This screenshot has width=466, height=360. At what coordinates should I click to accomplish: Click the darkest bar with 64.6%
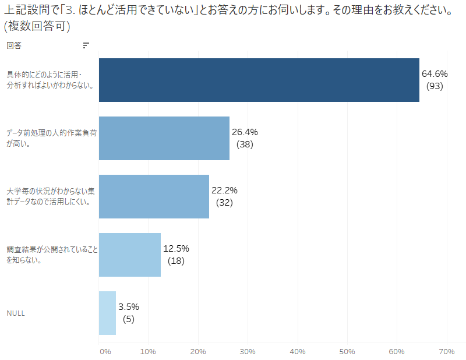[x=259, y=80]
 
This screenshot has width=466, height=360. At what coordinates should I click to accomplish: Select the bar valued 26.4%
[x=164, y=138]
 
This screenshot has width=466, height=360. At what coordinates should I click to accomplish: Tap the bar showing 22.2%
[x=154, y=196]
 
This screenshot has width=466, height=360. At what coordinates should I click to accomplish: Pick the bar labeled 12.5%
[x=129, y=255]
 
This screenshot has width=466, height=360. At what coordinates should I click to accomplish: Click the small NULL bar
[x=107, y=313]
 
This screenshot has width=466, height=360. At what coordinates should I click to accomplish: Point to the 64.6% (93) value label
[x=435, y=80]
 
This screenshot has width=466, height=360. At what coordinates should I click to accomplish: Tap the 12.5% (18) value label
[x=176, y=255]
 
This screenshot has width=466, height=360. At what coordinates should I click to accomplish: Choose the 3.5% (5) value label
[x=129, y=313]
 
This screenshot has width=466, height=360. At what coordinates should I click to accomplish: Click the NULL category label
[x=16, y=313]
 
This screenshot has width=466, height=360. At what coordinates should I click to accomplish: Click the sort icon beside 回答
[x=86, y=45]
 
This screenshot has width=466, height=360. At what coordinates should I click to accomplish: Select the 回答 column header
[x=13, y=45]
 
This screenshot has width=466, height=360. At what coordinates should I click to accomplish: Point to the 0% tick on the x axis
[x=105, y=351]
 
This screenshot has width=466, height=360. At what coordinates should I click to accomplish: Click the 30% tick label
[x=248, y=351]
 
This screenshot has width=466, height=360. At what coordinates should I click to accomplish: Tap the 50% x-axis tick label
[x=347, y=351]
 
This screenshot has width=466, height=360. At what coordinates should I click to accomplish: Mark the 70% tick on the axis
[x=446, y=351]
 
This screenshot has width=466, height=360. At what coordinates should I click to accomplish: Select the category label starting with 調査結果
[x=51, y=255]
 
